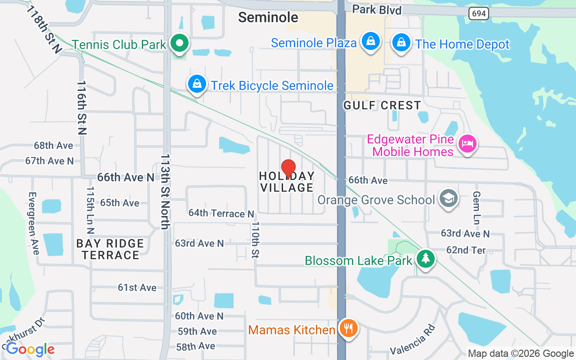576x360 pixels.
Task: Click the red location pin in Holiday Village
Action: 288,169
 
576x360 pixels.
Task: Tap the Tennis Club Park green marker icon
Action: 180,44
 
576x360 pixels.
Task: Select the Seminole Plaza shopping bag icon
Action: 370,41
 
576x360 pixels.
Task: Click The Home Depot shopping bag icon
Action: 400,43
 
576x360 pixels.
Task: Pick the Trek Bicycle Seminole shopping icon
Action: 197,84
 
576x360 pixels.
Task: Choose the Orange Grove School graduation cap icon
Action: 448,199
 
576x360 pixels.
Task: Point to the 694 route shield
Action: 479,13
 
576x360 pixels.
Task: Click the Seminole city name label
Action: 268,17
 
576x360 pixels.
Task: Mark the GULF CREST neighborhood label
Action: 382,105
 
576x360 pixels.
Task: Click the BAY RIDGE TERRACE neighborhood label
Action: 110,249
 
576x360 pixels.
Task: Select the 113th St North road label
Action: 166,192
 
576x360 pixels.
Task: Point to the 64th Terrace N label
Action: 221,213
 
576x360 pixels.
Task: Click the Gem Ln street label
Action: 477,207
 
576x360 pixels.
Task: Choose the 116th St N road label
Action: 81,108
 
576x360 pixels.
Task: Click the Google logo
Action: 30,349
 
